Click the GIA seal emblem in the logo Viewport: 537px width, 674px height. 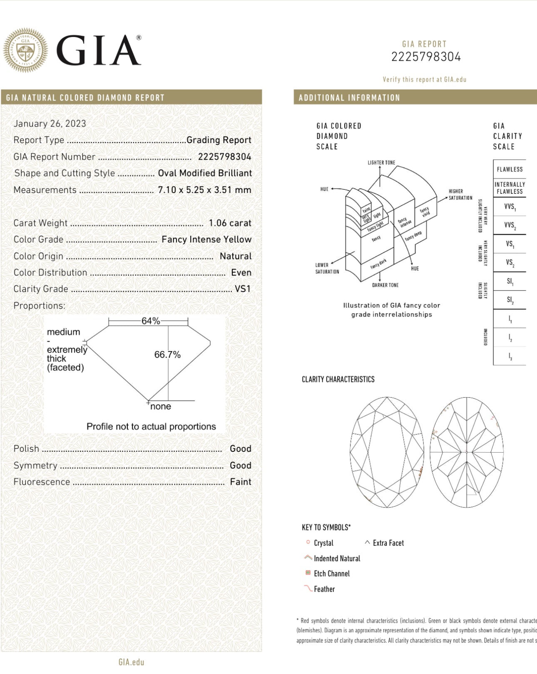[25, 50]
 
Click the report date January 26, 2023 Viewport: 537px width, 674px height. [50, 124]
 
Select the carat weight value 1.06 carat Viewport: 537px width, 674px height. [230, 223]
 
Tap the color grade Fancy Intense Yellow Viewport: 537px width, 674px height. [206, 240]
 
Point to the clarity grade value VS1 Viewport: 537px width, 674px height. [243, 289]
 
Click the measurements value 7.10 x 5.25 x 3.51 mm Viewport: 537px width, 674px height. [204, 190]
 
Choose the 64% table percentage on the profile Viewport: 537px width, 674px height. [151, 321]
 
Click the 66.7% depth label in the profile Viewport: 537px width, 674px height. [167, 354]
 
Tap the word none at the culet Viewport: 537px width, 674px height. [161, 406]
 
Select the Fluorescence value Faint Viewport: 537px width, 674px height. [241, 482]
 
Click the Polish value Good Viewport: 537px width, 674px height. [241, 449]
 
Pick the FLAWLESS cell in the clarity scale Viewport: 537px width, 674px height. [510, 169]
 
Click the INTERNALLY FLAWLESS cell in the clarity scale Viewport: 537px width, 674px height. [510, 188]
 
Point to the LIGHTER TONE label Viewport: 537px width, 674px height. [381, 163]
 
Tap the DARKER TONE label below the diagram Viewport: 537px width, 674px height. [385, 285]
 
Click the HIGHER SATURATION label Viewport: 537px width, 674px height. [460, 194]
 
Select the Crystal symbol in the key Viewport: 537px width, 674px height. [308, 542]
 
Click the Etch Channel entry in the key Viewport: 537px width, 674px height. [332, 573]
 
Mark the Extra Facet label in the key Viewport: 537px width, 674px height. [388, 543]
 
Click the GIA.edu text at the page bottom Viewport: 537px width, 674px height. [131, 662]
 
